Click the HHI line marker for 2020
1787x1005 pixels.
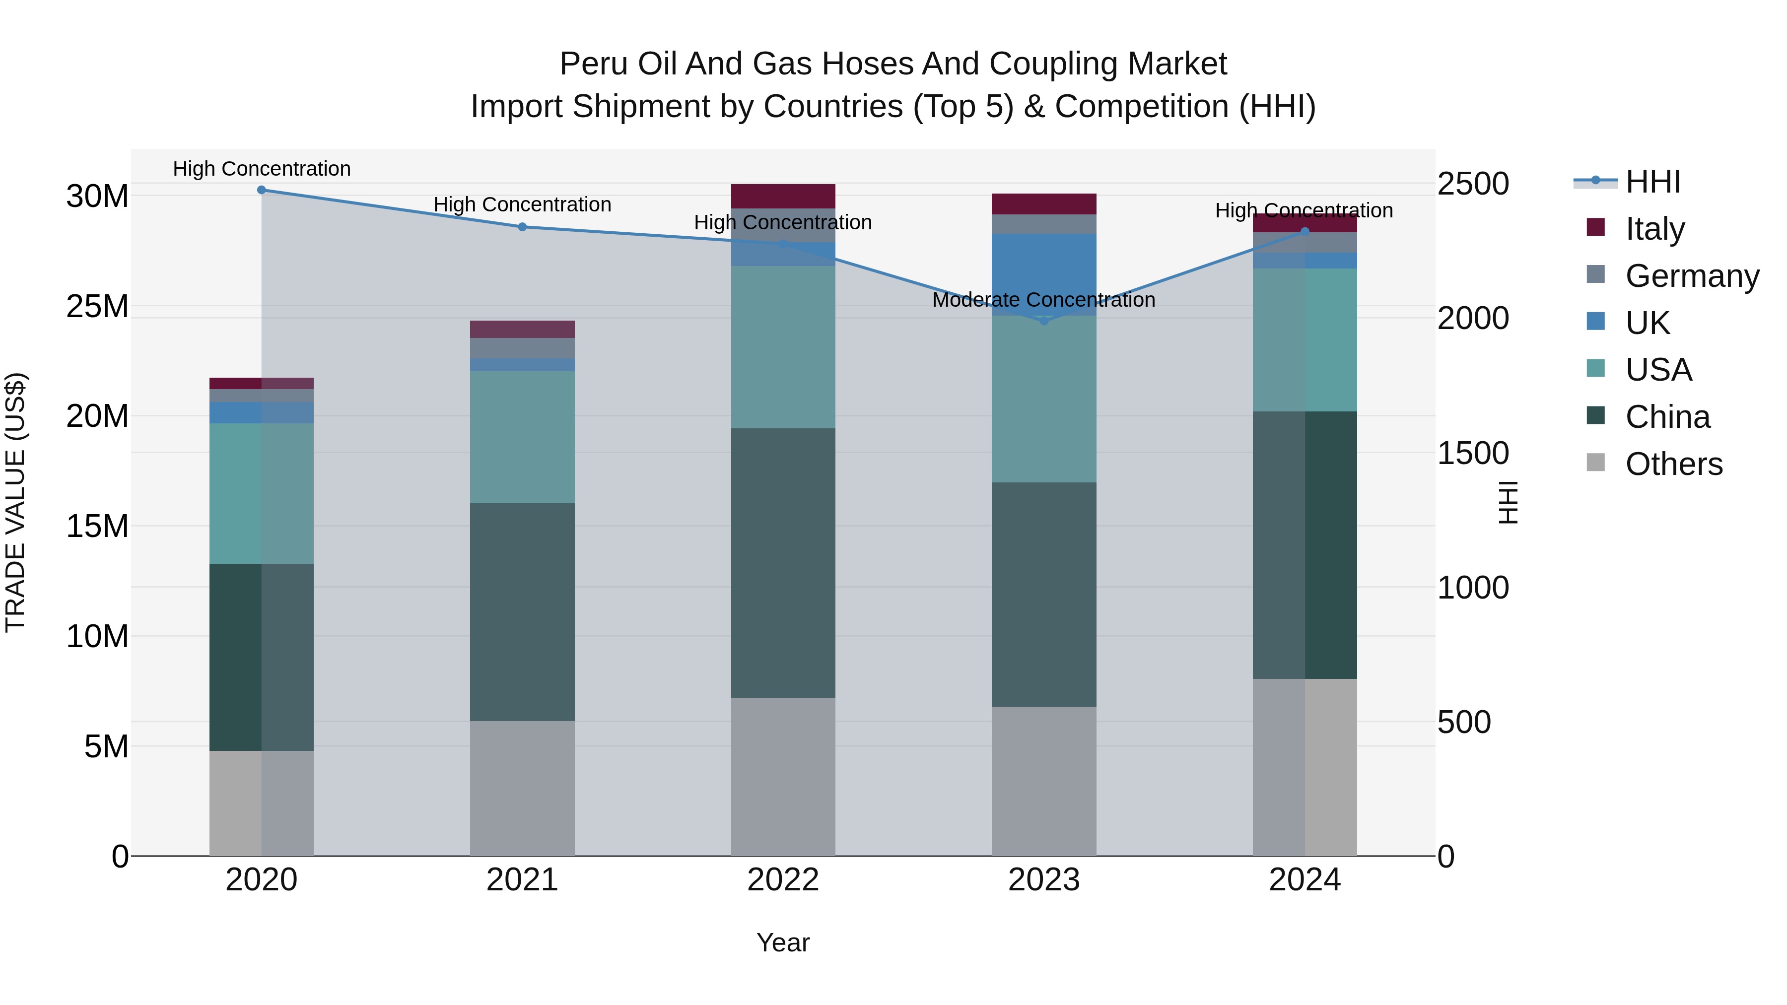pyautogui.click(x=262, y=190)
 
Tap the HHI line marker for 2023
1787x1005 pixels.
pyautogui.click(x=1044, y=321)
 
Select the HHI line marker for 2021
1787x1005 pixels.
pyautogui.click(x=522, y=227)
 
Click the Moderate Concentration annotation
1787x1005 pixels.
pyautogui.click(x=1043, y=300)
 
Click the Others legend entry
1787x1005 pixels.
pyautogui.click(x=1673, y=464)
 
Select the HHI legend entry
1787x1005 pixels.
pyautogui.click(x=1652, y=182)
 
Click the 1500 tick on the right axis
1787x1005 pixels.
pyautogui.click(x=1473, y=453)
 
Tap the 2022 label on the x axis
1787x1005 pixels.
pyautogui.click(x=783, y=880)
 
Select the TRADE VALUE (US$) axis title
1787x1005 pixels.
pyautogui.click(x=16, y=503)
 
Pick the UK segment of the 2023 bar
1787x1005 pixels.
pyautogui.click(x=1044, y=274)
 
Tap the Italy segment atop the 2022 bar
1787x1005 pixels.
pyautogui.click(x=783, y=196)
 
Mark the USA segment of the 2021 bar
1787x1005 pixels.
pyautogui.click(x=522, y=437)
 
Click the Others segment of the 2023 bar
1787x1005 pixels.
pyautogui.click(x=1044, y=781)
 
